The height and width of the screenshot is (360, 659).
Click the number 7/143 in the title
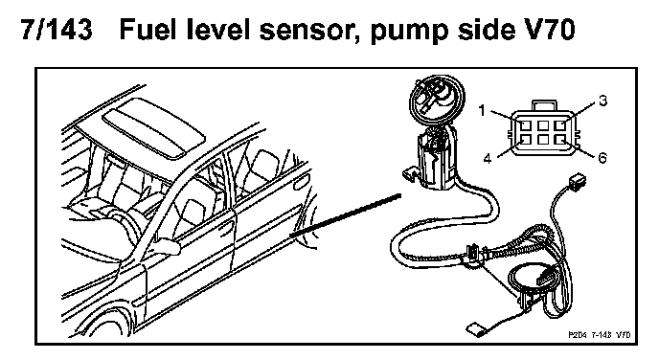coord(57,30)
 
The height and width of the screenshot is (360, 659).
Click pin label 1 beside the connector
coord(482,110)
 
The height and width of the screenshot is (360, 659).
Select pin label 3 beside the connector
coord(603,101)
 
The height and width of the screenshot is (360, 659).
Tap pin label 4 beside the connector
coord(488,159)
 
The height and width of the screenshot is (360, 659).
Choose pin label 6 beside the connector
coord(602,158)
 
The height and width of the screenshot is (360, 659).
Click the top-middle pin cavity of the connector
coord(543,125)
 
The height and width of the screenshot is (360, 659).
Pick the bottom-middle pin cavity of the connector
coord(543,139)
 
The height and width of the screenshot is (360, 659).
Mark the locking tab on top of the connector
coord(544,106)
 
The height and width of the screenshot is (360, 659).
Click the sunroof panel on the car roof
coord(154,128)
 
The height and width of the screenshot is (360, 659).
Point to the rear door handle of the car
coord(301,185)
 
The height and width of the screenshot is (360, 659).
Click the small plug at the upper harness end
coord(577,181)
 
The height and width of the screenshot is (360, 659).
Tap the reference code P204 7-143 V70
coord(600,335)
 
